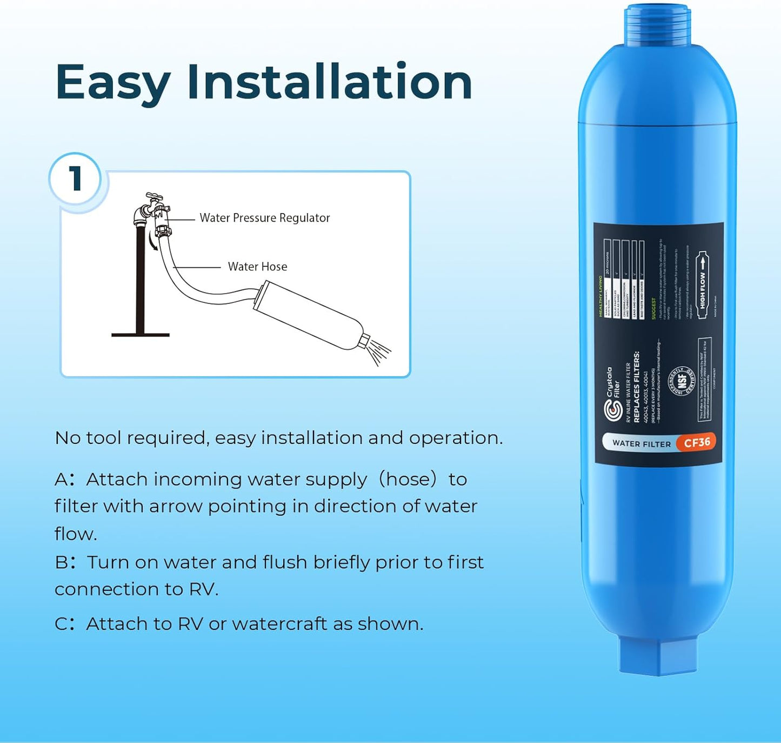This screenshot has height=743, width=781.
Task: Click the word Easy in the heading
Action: coord(112,83)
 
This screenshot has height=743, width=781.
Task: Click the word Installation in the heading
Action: coord(330,83)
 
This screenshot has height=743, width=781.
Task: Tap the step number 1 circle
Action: coord(76,178)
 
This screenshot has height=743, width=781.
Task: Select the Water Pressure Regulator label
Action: coord(264,218)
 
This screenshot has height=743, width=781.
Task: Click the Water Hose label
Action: coord(257,267)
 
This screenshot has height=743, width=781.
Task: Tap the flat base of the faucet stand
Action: coord(141,335)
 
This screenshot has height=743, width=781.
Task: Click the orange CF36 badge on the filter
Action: coord(697,442)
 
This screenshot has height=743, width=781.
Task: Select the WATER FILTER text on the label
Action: coord(641,443)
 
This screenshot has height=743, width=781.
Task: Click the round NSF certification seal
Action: coord(682,381)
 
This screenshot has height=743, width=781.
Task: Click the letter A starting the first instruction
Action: coord(61,480)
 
